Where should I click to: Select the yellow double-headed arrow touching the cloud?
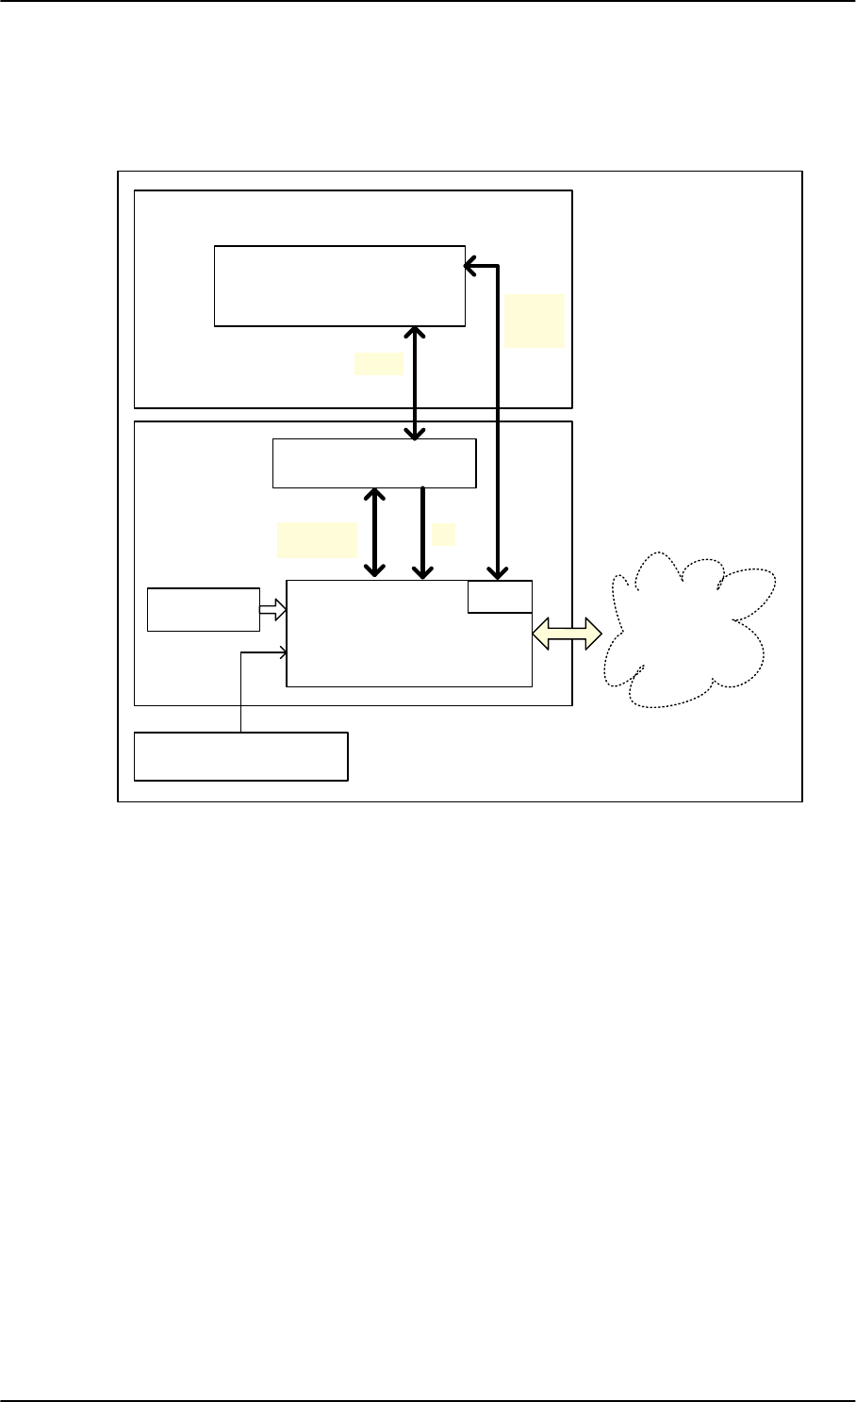coord(567,634)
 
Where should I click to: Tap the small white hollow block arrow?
coord(272,611)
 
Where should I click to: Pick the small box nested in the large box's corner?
coord(500,597)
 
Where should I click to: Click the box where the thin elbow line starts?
coord(241,755)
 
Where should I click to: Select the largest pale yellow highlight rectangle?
coord(535,321)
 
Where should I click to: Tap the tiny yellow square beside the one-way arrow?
coord(443,535)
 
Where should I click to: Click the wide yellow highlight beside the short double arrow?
coord(317,539)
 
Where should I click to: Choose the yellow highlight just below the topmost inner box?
coord(378,364)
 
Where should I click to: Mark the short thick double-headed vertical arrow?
coord(376,532)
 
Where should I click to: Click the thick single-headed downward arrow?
coord(423,532)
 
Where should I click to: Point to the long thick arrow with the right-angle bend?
coord(497,424)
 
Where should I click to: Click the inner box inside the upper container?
coord(339,286)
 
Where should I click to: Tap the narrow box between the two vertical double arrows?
coord(374,463)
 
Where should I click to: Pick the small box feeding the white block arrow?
coord(204,609)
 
